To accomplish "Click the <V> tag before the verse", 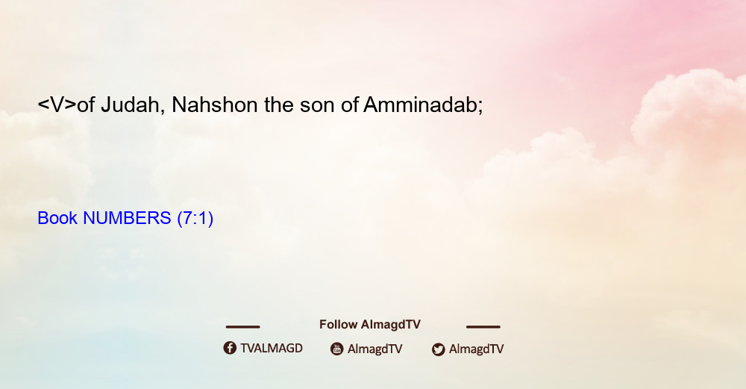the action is coord(57,105).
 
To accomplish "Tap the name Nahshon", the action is coord(215,105).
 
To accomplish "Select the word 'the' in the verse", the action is coord(279,105).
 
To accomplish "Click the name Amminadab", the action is coord(420,105).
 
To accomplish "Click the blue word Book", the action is coord(57,218).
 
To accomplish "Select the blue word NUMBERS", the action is coord(127,218).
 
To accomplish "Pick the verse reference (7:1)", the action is coord(195,218).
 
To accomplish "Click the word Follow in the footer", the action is coord(338,325).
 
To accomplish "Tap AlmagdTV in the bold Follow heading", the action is coord(391,325).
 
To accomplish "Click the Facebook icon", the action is coord(230,348).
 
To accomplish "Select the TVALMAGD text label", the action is coord(272,348).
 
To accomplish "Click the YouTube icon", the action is coord(337,349).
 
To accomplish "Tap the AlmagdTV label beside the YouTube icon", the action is coord(375,349).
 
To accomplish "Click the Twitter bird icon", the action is coord(438,349).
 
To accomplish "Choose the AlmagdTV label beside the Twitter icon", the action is coord(476,349).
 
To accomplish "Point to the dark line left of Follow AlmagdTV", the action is coord(242,327).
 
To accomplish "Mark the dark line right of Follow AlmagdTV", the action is coord(483,327).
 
